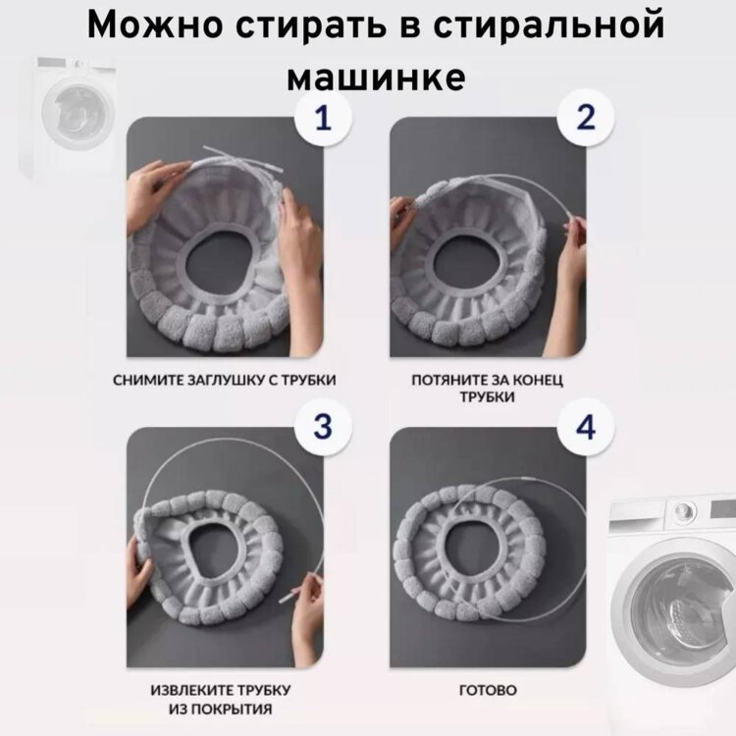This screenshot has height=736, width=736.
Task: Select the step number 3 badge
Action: [x=323, y=427]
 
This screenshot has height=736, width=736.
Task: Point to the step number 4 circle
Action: [x=585, y=427]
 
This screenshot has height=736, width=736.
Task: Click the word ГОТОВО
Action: [x=488, y=691]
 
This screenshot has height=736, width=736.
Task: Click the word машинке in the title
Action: [x=376, y=77]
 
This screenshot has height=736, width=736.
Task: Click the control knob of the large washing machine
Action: [x=684, y=508]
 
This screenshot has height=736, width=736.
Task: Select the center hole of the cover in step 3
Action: [x=215, y=552]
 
